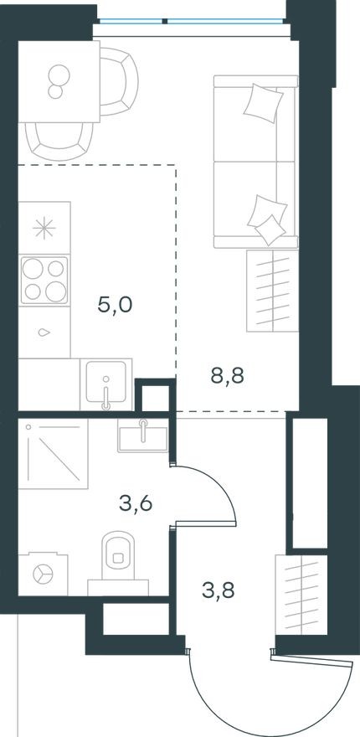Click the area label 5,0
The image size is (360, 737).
[x=116, y=304]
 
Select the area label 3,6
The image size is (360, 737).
[x=136, y=504]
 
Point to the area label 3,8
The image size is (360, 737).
[x=219, y=590]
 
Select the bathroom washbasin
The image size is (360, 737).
[x=142, y=435]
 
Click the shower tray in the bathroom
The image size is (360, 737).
[x=52, y=454]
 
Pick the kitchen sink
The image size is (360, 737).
[x=105, y=385]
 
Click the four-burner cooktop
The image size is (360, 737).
[x=44, y=280]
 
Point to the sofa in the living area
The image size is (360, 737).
[x=255, y=162]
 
